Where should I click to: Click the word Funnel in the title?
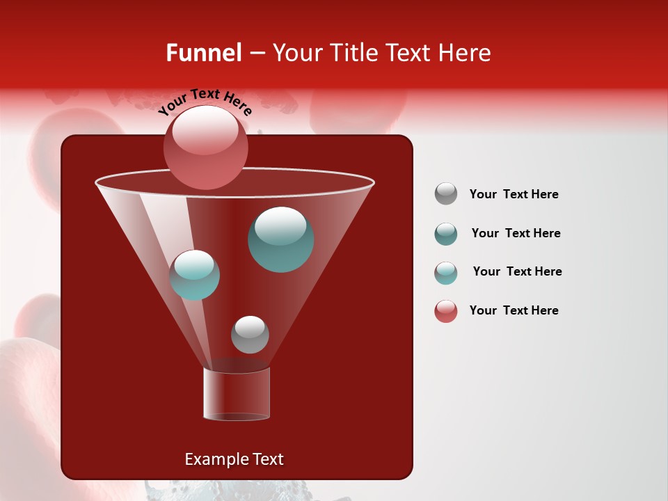pos(203,53)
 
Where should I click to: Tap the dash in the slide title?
pos(256,54)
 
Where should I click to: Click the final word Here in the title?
pos(465,53)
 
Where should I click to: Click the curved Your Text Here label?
pos(205,101)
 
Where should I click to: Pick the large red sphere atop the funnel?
pos(205,147)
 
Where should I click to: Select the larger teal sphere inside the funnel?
pos(280,239)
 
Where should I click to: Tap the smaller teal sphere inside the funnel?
pos(194,275)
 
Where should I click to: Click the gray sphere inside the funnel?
pos(250,334)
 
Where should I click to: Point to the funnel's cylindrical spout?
pos(237,394)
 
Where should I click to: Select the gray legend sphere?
pos(446,194)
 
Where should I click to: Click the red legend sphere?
pos(446,311)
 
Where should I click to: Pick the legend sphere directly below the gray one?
pos(446,234)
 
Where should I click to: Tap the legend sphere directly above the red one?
pos(446,273)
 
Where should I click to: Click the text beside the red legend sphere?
pos(514,310)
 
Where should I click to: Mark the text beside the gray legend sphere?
pos(514,194)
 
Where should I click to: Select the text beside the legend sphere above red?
pos(517,271)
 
